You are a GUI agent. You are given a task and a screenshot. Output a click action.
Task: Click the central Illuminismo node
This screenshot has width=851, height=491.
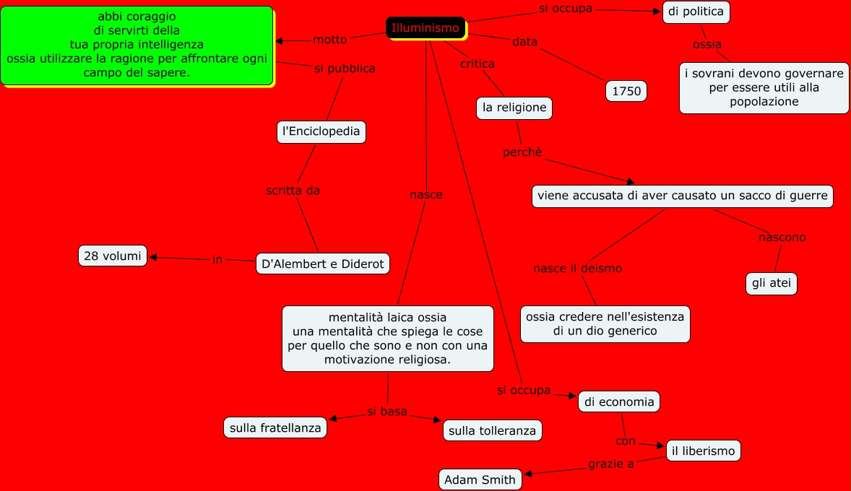pos(425,28)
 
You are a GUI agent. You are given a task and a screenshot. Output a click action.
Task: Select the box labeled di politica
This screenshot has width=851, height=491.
pos(696,12)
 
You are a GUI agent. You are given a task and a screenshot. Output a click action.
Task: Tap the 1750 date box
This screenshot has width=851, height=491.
pos(626,92)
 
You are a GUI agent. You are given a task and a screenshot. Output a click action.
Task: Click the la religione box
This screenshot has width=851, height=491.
pos(514,108)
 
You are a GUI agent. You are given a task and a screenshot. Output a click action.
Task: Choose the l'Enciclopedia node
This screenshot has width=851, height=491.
pos(321,132)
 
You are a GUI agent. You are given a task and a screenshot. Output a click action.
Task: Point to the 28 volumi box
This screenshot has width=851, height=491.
pos(113,256)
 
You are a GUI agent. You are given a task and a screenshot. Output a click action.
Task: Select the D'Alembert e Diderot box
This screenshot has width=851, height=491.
pos(323,264)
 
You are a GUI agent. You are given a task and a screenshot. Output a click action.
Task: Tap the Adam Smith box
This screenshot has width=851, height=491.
pos(480,479)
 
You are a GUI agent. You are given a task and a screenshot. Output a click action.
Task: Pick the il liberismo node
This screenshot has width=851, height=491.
pos(702,451)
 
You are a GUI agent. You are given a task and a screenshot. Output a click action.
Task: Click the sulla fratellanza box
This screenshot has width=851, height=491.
pos(275,427)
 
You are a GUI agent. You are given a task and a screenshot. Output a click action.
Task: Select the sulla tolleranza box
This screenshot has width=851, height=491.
pos(492,431)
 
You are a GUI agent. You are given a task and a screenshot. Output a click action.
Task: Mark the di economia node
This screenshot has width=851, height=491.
pos(619,401)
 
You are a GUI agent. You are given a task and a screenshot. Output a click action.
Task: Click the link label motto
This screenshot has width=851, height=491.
pos(330,39)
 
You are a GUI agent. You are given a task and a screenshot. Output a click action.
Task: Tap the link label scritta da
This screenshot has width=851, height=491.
pos(293,191)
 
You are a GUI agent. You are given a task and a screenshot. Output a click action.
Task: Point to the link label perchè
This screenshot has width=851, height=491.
pos(522,152)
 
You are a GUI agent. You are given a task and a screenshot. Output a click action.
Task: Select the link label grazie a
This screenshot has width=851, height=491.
pos(611,464)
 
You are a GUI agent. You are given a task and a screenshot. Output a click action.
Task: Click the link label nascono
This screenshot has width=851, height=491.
pos(782,237)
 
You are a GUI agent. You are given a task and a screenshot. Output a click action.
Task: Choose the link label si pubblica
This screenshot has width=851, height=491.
pos(345,69)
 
